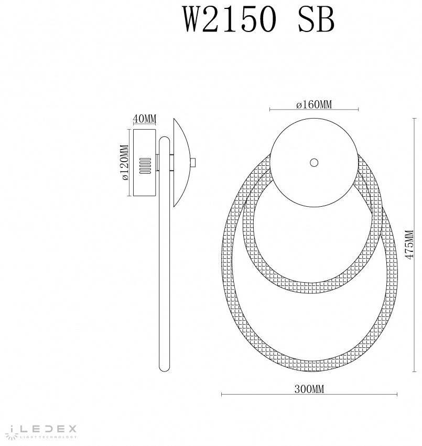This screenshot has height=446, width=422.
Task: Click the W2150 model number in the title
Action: click(x=231, y=19)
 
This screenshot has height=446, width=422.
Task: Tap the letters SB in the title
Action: click(x=316, y=19)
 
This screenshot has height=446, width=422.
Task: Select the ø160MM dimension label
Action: click(x=313, y=104)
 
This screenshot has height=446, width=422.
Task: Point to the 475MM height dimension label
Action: click(x=409, y=245)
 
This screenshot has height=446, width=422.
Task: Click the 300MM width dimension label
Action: click(x=309, y=388)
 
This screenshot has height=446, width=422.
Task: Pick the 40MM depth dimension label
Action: click(x=145, y=119)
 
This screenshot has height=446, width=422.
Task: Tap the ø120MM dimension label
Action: click(x=125, y=163)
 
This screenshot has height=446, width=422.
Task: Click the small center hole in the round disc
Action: click(x=313, y=163)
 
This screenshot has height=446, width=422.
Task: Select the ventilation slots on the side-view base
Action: click(x=145, y=166)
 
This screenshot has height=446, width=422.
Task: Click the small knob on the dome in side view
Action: click(x=193, y=163)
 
